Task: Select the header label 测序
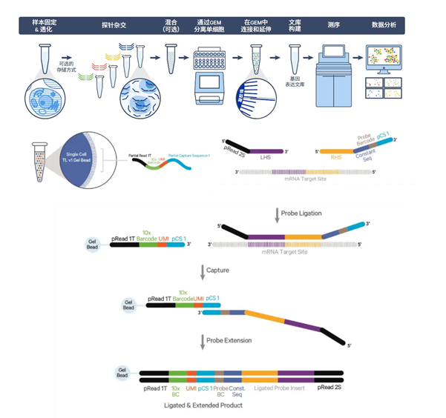[332, 25]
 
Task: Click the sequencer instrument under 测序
[332, 79]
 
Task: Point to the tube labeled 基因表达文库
[295, 56]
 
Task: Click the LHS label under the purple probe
[265, 157]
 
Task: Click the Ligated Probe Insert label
[279, 388]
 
